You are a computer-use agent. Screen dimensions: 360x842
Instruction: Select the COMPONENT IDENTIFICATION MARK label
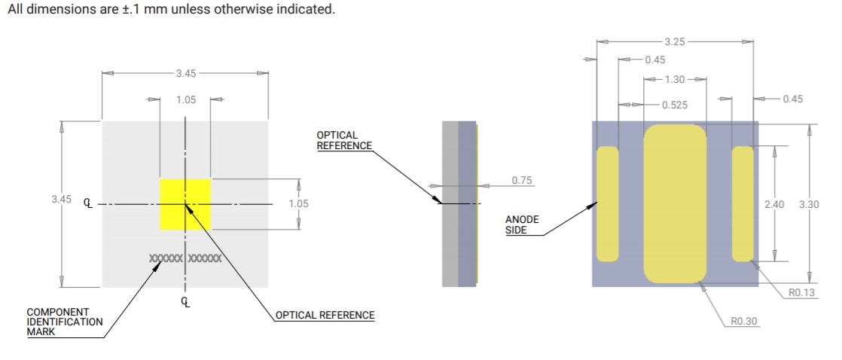click(65, 322)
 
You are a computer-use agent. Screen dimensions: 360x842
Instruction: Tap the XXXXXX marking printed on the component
click(185, 258)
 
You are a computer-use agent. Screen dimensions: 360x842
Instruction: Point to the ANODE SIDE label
click(522, 224)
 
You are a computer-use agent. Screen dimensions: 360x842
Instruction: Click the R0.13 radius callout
click(801, 293)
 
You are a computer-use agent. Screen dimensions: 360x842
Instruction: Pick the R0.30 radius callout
click(743, 322)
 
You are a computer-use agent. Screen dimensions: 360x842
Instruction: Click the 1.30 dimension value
click(676, 79)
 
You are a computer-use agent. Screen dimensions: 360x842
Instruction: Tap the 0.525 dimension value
click(674, 105)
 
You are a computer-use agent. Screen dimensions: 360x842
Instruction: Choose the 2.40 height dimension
click(773, 204)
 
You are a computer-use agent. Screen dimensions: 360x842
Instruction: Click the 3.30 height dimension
click(808, 204)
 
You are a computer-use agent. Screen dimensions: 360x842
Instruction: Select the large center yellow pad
click(675, 203)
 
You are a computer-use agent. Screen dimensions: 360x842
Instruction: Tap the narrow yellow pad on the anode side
click(607, 203)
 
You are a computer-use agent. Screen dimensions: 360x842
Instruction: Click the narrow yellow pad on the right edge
click(743, 203)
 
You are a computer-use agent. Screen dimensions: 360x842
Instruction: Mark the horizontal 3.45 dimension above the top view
click(185, 73)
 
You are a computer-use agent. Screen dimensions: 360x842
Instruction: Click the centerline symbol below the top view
click(186, 302)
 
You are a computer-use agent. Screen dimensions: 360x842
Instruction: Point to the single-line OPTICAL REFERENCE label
click(325, 315)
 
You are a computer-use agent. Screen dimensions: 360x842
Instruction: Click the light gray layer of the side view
click(450, 203)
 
